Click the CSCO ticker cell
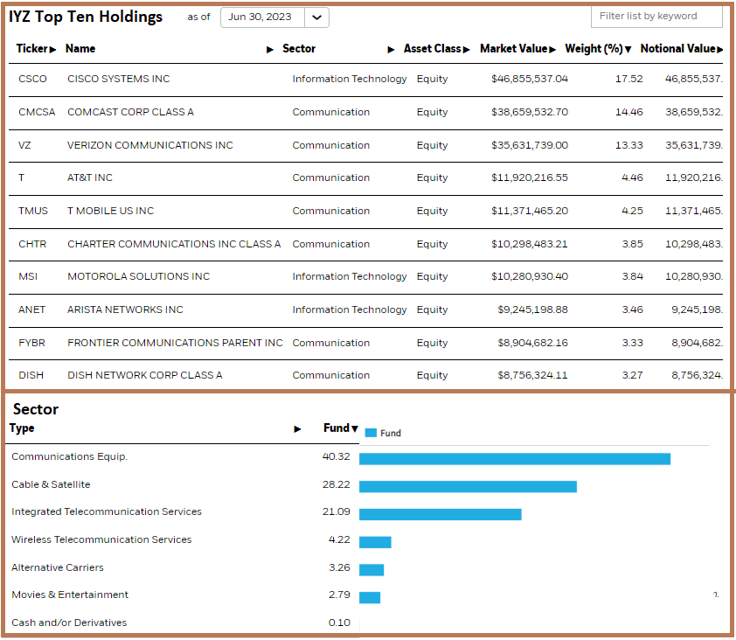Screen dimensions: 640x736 pyautogui.click(x=32, y=79)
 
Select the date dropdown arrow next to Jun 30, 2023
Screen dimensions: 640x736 pyautogui.click(x=316, y=17)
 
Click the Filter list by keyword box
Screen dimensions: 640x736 pyautogui.click(x=656, y=16)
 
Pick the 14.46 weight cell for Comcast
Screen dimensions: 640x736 pyautogui.click(x=628, y=112)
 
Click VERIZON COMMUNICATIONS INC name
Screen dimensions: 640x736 pyautogui.click(x=149, y=145)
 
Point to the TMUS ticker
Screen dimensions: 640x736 pyautogui.click(x=33, y=211)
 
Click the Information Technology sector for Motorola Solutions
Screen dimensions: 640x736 pyautogui.click(x=349, y=276)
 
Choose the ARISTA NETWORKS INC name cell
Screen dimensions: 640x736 pyautogui.click(x=125, y=310)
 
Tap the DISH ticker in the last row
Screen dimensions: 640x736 pyautogui.click(x=31, y=375)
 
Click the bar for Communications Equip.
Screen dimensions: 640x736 pyautogui.click(x=514, y=458)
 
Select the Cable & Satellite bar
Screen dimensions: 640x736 pyautogui.click(x=468, y=486)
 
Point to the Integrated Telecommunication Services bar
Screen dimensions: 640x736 pyautogui.click(x=440, y=514)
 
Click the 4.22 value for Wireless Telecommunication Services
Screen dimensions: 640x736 pyautogui.click(x=339, y=539)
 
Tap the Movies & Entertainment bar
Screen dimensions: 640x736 pyautogui.click(x=369, y=597)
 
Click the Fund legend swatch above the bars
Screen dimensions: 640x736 pyautogui.click(x=370, y=433)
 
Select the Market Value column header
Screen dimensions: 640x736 pyautogui.click(x=517, y=49)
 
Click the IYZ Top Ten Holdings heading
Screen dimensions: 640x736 pyautogui.click(x=86, y=17)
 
